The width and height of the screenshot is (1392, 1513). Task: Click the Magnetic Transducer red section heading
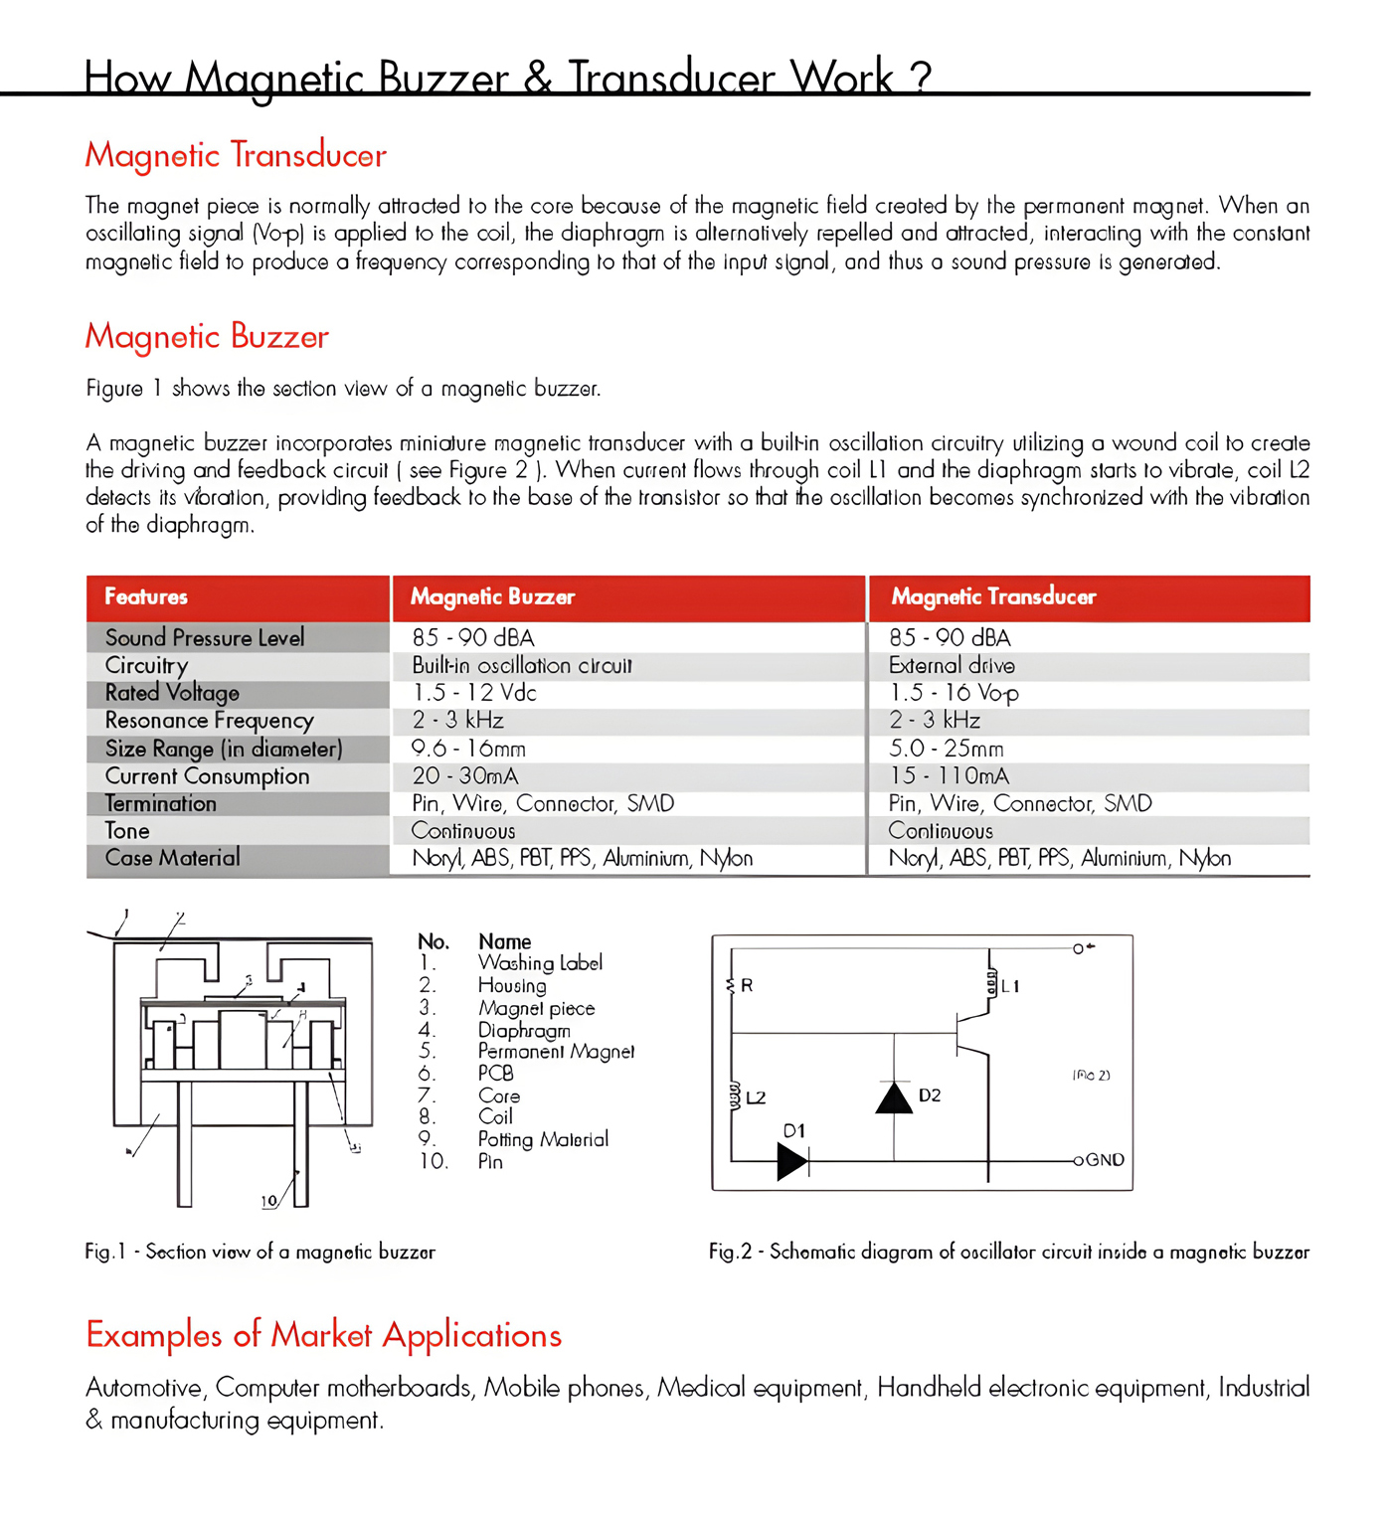coord(236,156)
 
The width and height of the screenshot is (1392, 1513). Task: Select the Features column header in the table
coord(146,597)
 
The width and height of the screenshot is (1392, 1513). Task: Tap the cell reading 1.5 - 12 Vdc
coord(474,693)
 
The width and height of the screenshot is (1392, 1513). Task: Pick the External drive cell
coord(952,666)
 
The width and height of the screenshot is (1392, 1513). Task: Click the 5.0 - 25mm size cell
coord(946,749)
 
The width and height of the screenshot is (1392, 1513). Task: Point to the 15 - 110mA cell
coord(949,776)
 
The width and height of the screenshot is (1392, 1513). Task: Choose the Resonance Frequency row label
coord(209,721)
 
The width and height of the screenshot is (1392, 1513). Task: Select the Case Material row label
coord(172,858)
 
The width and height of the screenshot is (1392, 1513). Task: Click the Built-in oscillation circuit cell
coord(522,666)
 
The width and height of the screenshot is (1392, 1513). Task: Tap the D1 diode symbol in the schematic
coord(792,1160)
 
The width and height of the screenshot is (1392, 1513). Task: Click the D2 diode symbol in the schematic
coord(894,1097)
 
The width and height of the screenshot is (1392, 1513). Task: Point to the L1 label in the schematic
coord(1010,986)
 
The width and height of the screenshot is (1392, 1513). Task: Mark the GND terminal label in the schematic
coord(1105,1160)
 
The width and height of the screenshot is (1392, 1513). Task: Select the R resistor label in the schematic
coord(747,985)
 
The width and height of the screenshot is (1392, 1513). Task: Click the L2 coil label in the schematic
coord(756,1097)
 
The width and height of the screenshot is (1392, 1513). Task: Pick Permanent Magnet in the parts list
coord(556,1052)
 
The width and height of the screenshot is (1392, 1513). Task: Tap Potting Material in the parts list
coord(543,1139)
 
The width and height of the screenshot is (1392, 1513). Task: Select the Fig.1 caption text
coord(260,1252)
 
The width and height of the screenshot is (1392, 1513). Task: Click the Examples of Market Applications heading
coord(324,1335)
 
